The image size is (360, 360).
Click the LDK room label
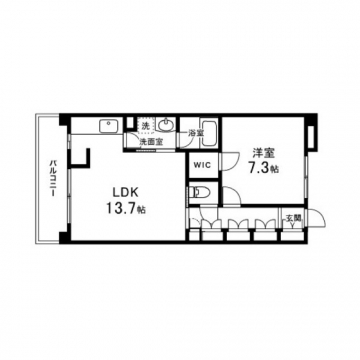(x=125, y=192)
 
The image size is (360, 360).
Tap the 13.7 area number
(x=121, y=208)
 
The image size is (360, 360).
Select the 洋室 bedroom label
(x=263, y=153)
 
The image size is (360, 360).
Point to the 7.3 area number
(x=258, y=168)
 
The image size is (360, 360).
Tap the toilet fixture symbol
(x=199, y=192)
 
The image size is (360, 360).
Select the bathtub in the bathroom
(x=210, y=133)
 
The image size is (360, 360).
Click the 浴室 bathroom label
(x=194, y=133)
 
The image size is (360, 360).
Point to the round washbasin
(x=166, y=125)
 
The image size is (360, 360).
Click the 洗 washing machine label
(x=146, y=126)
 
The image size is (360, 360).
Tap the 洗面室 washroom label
(x=151, y=142)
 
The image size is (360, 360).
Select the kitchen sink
(x=108, y=126)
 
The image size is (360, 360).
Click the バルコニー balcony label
(x=53, y=178)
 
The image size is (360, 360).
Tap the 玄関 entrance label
(x=294, y=218)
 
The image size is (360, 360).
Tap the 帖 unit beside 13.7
(x=141, y=210)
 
